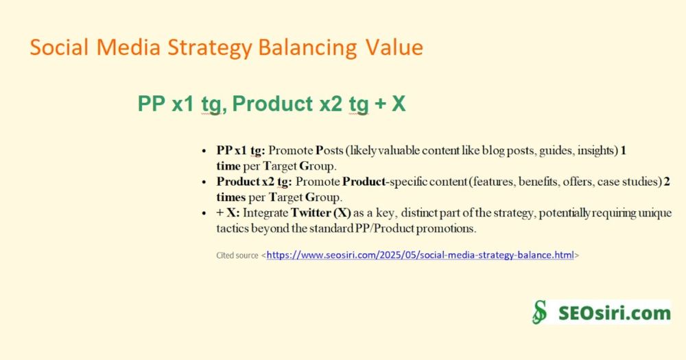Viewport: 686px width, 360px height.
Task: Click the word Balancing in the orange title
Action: point(308,48)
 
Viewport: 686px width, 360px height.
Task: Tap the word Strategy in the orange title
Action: point(209,48)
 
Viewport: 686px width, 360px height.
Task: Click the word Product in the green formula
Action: point(272,104)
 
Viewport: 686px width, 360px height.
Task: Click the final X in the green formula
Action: point(399,104)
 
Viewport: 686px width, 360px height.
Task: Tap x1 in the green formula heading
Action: point(183,104)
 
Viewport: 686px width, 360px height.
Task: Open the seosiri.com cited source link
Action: point(420,255)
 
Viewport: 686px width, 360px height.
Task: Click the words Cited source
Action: point(237,256)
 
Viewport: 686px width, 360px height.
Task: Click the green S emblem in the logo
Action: point(540,312)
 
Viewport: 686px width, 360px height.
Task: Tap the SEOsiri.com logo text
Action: point(614,313)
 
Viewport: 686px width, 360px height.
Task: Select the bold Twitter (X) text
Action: point(320,213)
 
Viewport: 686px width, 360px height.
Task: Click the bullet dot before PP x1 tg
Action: point(204,151)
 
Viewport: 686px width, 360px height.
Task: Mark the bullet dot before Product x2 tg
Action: point(204,182)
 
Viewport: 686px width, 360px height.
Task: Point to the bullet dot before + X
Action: point(204,213)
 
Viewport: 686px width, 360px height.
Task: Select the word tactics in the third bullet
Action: point(232,228)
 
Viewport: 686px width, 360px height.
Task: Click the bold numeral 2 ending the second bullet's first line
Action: point(667,182)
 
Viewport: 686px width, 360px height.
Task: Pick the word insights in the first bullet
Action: point(598,151)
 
